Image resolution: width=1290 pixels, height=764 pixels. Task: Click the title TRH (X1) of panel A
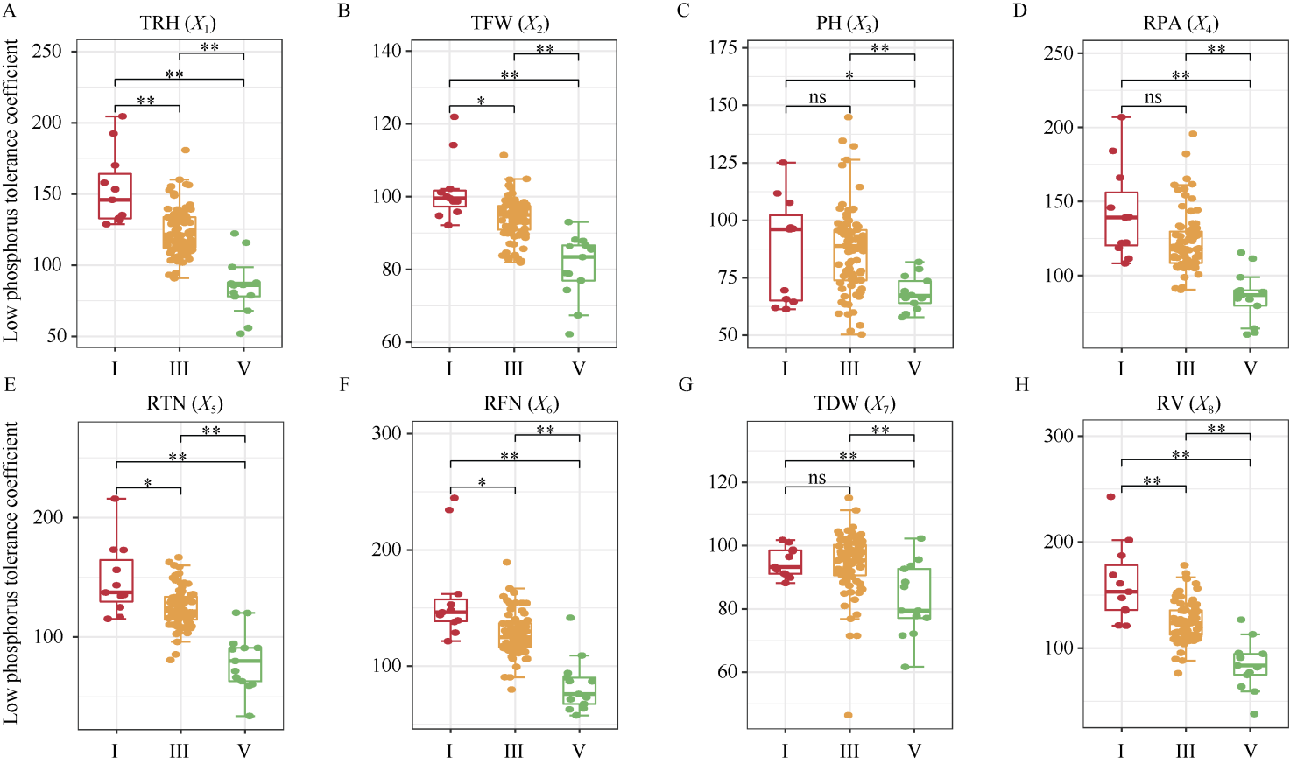tap(178, 24)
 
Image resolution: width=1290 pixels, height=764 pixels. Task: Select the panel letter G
tap(686, 385)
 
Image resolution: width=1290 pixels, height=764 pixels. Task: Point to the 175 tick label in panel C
tap(723, 47)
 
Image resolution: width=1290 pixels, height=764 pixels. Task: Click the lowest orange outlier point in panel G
tap(848, 715)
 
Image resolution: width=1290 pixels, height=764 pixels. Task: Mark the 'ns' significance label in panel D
tap(1153, 97)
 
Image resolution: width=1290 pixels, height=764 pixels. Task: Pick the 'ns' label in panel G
tap(817, 478)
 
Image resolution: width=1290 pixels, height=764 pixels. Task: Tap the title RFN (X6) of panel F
tap(520, 403)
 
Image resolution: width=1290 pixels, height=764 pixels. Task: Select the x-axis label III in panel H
tap(1185, 751)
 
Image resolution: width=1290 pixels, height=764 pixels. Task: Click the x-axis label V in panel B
tap(578, 369)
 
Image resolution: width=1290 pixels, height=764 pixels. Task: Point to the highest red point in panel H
tap(1111, 496)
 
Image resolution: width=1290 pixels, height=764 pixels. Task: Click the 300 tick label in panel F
tap(386, 433)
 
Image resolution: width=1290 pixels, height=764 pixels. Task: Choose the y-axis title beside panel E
tap(11, 573)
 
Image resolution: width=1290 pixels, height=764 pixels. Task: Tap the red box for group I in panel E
tap(116, 580)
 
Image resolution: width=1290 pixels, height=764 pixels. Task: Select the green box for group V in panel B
tap(578, 263)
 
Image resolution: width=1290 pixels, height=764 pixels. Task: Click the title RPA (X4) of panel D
tap(1181, 24)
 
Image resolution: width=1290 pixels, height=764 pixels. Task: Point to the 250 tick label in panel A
tap(47, 51)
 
